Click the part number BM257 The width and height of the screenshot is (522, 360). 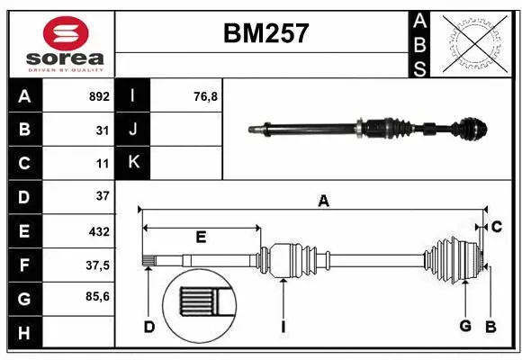pyautogui.click(x=265, y=34)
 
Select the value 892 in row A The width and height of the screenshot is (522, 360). pyautogui.click(x=98, y=96)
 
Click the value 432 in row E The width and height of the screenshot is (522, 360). pyautogui.click(x=98, y=230)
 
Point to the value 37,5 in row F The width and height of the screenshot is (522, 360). pyautogui.click(x=96, y=265)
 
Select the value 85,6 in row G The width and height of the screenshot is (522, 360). pyautogui.click(x=96, y=298)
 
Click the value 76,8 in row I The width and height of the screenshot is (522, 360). pyautogui.click(x=206, y=96)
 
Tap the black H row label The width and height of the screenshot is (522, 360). pyautogui.click(x=24, y=332)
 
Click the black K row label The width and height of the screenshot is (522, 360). pyautogui.click(x=134, y=163)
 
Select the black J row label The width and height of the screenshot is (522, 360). pyautogui.click(x=134, y=130)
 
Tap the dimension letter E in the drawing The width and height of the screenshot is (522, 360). pyautogui.click(x=201, y=238)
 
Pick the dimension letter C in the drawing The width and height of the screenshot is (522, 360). pyautogui.click(x=496, y=225)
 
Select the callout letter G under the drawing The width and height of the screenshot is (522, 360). pyautogui.click(x=465, y=326)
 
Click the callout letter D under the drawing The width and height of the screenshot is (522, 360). pyautogui.click(x=149, y=326)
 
